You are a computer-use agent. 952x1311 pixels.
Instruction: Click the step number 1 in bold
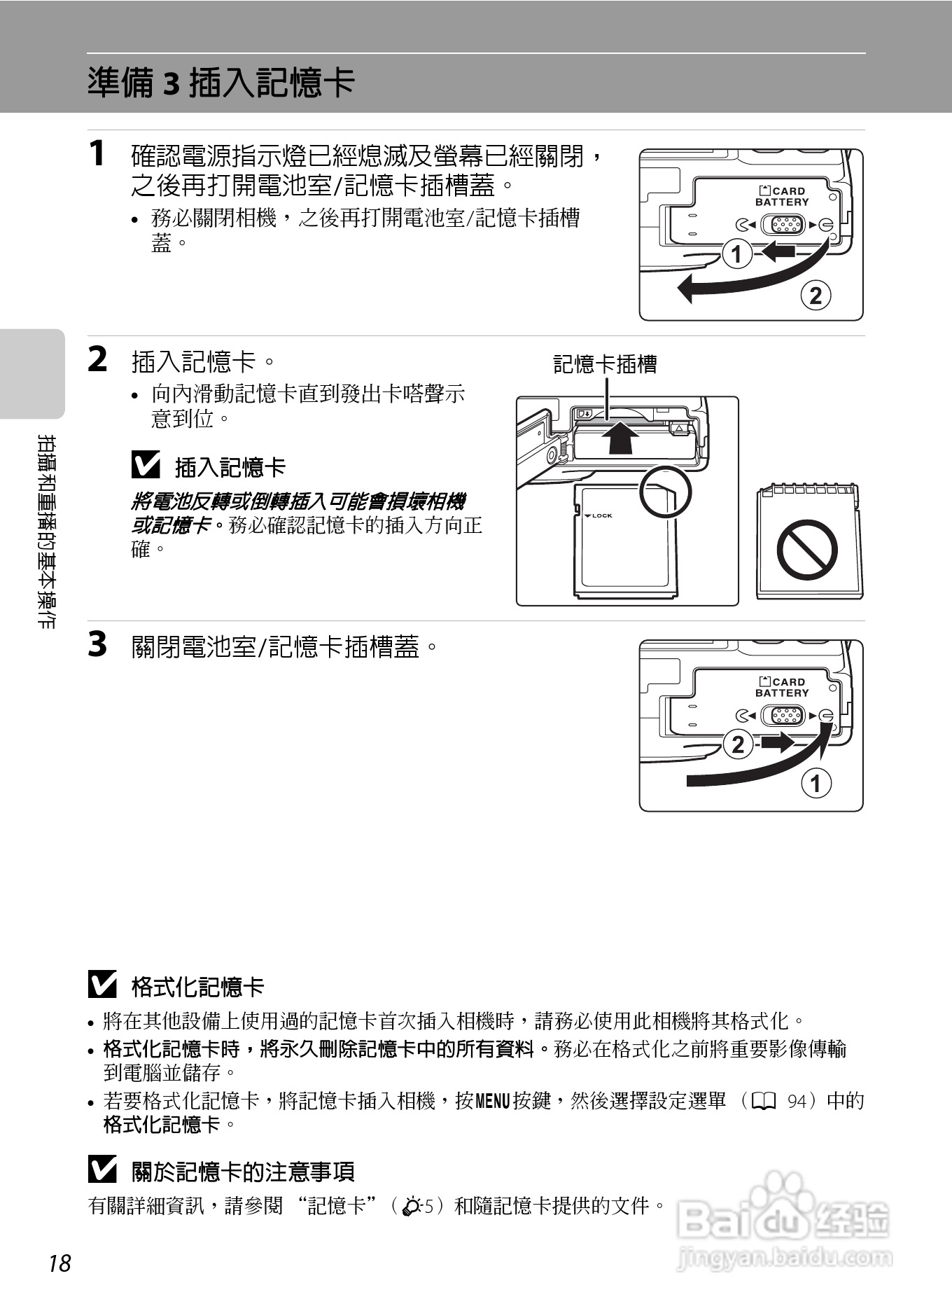(97, 153)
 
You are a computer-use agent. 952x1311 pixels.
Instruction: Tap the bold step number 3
(97, 644)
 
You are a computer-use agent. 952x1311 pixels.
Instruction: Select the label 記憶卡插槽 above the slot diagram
(605, 364)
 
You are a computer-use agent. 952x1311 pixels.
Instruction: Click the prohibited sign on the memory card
(807, 550)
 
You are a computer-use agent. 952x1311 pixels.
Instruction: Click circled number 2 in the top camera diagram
(815, 296)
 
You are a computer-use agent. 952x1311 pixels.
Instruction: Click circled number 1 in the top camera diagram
(736, 254)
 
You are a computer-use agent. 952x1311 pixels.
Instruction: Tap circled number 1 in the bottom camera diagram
(815, 783)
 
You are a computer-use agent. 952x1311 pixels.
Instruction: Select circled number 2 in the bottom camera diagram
(738, 744)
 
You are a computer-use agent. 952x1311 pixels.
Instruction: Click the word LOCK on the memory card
(601, 516)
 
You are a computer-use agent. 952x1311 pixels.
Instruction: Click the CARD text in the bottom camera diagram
(789, 682)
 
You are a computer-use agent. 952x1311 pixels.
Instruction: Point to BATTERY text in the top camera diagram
(782, 202)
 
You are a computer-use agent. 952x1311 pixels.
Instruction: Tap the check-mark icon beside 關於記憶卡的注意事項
(103, 1170)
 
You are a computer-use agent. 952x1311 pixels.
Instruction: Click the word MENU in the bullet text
(493, 1102)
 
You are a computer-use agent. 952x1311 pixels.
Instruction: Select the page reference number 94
(797, 1102)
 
